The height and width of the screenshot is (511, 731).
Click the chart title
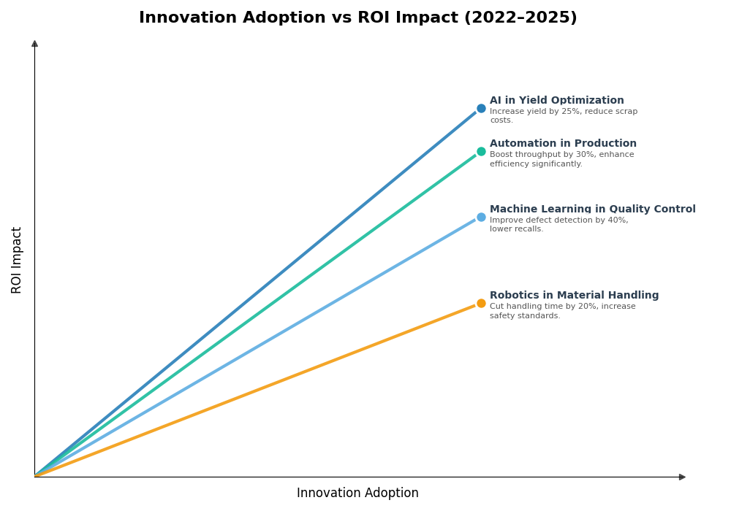coord(357,18)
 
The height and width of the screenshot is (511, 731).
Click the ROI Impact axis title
coord(17,260)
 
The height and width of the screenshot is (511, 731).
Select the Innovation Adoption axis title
coord(357,493)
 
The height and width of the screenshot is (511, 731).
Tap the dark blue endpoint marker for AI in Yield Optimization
coord(481,109)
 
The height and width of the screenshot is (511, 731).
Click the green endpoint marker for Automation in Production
coord(481,152)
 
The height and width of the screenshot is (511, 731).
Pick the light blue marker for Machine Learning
coord(481,218)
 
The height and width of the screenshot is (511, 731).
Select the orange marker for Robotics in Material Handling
coord(481,304)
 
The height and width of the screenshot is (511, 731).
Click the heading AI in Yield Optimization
coord(556,101)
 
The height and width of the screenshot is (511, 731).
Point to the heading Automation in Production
coord(563,144)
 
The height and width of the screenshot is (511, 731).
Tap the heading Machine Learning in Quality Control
coord(592,210)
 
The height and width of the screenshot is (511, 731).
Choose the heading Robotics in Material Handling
coord(574,296)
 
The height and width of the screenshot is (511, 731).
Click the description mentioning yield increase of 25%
coord(563,116)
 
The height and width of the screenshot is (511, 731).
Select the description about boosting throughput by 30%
coord(561,159)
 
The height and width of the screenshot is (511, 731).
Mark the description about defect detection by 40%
coord(558,225)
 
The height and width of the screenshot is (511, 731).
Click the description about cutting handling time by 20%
coord(562,311)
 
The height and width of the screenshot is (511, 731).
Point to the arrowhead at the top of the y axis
coord(34,44)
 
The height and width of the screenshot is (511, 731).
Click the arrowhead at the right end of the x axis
coord(682,477)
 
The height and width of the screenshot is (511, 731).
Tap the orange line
coord(256,391)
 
